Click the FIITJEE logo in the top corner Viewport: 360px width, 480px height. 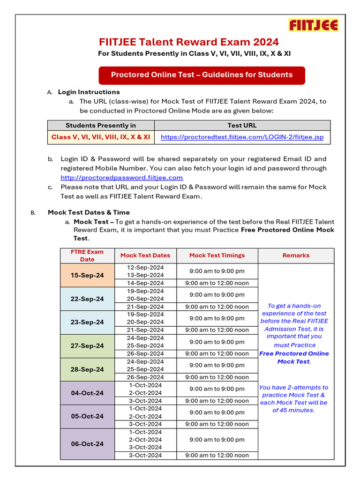click(x=314, y=25)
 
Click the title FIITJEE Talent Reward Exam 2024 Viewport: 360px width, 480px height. click(x=189, y=42)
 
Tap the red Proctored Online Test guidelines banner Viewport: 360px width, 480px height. click(x=202, y=75)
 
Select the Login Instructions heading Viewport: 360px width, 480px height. click(x=89, y=92)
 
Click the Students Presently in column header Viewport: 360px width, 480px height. click(x=101, y=125)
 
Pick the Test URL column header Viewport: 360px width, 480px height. click(x=242, y=125)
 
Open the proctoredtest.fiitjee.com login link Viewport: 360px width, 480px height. click(x=242, y=137)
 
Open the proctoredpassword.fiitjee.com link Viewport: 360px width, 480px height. click(x=122, y=178)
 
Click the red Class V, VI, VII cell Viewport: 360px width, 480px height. click(x=101, y=137)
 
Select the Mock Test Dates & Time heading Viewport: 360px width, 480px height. click(x=89, y=212)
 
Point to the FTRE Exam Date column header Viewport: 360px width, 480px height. click(x=87, y=255)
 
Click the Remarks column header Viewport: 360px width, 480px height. click(x=296, y=255)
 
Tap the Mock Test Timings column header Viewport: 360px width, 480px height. click(x=217, y=255)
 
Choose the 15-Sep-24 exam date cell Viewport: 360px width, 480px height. click(x=87, y=275)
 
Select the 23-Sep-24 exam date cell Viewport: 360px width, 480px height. click(x=87, y=322)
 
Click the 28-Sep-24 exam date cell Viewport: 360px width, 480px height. click(x=87, y=369)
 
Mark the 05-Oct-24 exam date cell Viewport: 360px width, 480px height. click(x=87, y=416)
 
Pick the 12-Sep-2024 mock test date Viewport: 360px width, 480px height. click(x=145, y=267)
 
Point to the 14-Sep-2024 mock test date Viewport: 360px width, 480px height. click(x=145, y=283)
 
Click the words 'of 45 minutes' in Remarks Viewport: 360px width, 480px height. click(x=293, y=410)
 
